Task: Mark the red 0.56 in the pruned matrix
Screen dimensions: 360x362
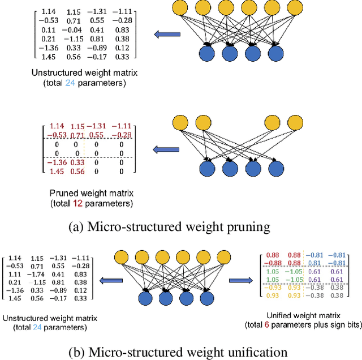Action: pyautogui.click(x=75, y=171)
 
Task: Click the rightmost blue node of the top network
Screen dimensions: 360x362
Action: pyautogui.click(x=275, y=53)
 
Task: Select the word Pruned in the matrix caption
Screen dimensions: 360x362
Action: pyautogui.click(x=49, y=194)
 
